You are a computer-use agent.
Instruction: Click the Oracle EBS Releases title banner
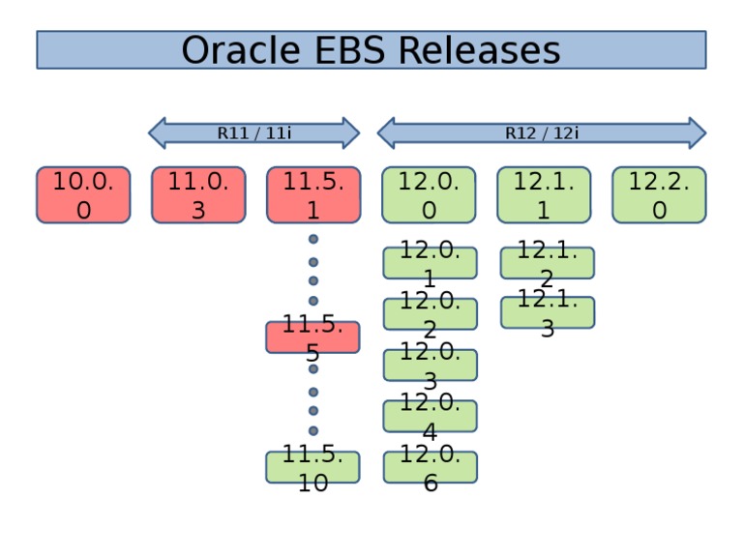click(x=371, y=49)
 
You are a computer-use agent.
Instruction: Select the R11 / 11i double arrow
click(x=253, y=133)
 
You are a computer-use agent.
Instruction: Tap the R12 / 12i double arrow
click(x=541, y=133)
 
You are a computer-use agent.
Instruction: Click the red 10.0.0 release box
click(x=83, y=195)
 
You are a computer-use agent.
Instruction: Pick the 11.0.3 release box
click(x=198, y=195)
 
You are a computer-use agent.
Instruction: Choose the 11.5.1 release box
click(x=312, y=195)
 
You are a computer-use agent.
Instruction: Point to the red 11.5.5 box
click(x=312, y=337)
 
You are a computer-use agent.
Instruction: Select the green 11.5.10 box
click(x=312, y=467)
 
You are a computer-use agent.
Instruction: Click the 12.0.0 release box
click(x=429, y=195)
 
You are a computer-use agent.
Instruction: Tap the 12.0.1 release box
click(x=430, y=263)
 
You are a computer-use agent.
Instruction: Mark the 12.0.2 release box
click(x=430, y=314)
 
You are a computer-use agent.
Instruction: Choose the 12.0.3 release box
click(x=430, y=366)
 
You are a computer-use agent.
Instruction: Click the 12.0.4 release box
click(x=430, y=417)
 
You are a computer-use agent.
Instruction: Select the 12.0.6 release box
click(x=430, y=467)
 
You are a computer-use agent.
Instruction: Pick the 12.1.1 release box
click(x=544, y=195)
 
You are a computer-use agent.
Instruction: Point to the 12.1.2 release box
click(x=547, y=263)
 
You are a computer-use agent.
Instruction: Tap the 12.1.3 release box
click(x=547, y=312)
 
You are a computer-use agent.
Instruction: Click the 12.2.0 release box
click(x=659, y=195)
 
